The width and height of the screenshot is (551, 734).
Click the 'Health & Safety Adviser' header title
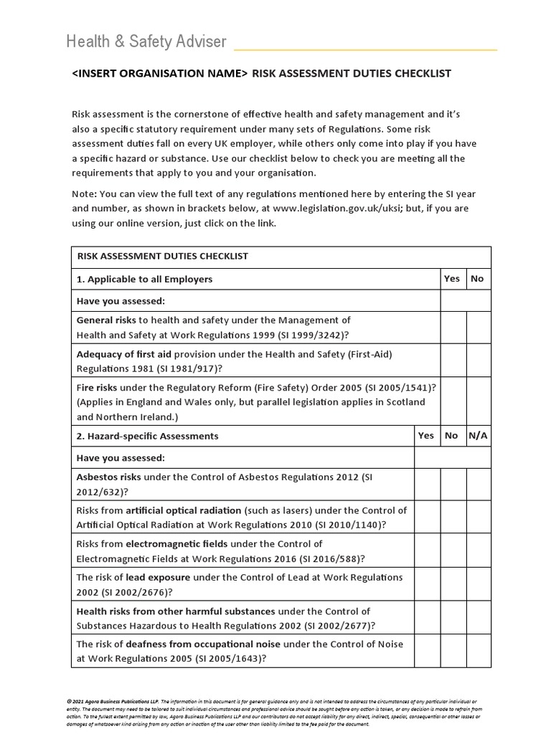point(146,42)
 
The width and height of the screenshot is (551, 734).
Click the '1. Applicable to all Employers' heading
point(144,279)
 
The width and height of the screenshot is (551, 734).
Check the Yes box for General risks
point(453,328)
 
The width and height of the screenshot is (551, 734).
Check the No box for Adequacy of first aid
point(478,361)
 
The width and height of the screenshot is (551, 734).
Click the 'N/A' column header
point(478,435)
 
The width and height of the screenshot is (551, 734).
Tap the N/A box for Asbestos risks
point(478,483)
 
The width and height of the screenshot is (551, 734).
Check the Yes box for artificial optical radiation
point(427,517)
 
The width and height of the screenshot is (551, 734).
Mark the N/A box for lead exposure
point(478,584)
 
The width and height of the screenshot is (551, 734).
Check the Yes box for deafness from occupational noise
point(427,651)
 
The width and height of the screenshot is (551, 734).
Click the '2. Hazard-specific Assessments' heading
point(148,436)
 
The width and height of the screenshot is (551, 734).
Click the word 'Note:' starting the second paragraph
point(84,194)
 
